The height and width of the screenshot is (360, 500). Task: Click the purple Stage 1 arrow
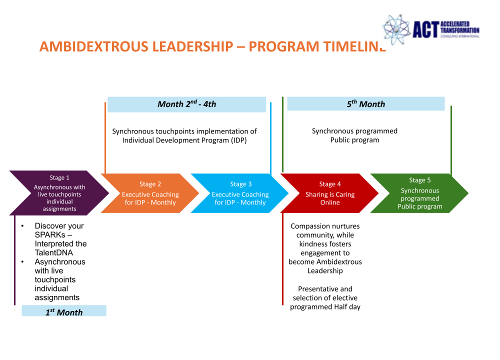(x=59, y=193)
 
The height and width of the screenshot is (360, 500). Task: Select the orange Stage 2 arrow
(x=150, y=193)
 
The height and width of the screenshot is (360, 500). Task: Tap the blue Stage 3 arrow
(x=240, y=193)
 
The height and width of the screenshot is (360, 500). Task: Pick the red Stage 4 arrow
(x=329, y=193)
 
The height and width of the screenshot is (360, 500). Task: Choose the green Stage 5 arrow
(x=419, y=193)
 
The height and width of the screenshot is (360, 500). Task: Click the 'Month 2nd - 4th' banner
(x=187, y=104)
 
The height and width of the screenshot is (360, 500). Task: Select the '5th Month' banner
(x=366, y=103)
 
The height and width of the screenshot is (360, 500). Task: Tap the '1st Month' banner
(x=64, y=311)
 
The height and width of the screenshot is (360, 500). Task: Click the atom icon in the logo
(x=396, y=29)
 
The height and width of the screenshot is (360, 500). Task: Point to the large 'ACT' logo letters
(x=425, y=29)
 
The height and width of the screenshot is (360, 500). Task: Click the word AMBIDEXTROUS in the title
(x=95, y=46)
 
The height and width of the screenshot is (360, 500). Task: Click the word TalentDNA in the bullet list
(x=54, y=252)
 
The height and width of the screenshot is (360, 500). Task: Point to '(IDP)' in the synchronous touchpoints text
(x=239, y=140)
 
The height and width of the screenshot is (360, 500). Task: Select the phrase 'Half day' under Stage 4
(x=347, y=307)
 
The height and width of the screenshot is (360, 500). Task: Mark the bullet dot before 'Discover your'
(x=22, y=226)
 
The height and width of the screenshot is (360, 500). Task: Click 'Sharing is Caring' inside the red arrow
(x=330, y=194)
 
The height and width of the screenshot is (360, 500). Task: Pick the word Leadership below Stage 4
(x=325, y=271)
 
